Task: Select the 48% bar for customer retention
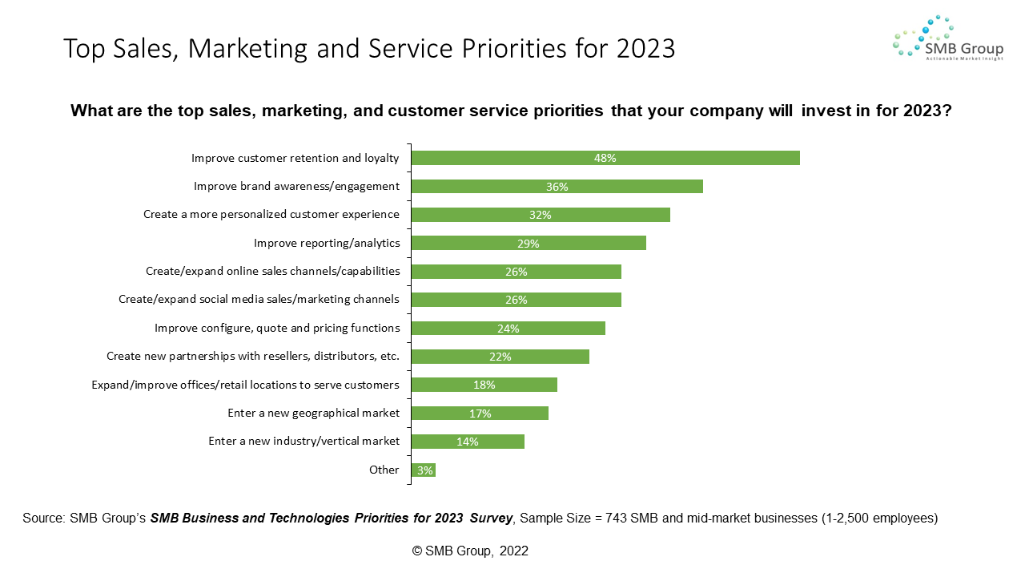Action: tap(605, 158)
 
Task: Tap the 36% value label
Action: tap(557, 187)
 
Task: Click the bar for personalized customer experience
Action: tap(540, 215)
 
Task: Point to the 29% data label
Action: tap(529, 244)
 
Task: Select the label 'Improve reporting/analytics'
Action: tap(327, 243)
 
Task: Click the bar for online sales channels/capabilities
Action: tap(516, 272)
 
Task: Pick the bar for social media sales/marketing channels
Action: tap(516, 300)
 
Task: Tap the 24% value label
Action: tap(508, 329)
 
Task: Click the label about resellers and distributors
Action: tap(253, 356)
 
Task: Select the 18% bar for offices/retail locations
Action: tap(484, 385)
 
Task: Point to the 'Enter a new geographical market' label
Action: tap(313, 413)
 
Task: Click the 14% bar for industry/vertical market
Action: tap(468, 442)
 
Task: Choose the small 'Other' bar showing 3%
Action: tap(423, 470)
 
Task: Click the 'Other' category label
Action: tap(384, 470)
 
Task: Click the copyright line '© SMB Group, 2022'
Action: tap(470, 551)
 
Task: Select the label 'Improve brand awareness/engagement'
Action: tap(296, 186)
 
